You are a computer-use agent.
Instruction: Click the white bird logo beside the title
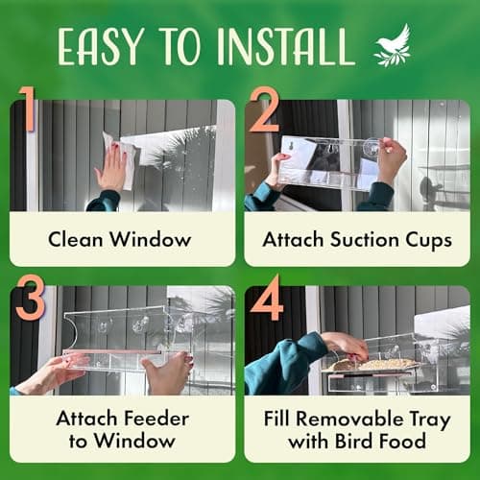click(x=390, y=47)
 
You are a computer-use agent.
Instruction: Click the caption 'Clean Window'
click(x=122, y=238)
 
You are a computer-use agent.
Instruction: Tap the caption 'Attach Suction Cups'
click(x=357, y=238)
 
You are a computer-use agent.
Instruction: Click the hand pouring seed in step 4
click(x=346, y=344)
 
